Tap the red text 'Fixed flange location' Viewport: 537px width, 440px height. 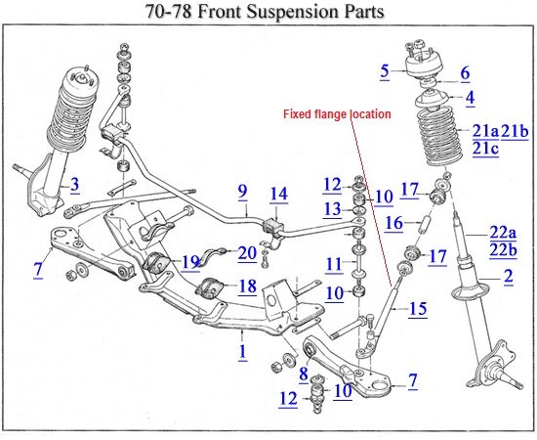pyautogui.click(x=337, y=114)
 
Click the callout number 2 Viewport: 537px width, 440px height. pyautogui.click(x=470, y=97)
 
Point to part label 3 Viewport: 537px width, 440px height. pyautogui.click(x=385, y=70)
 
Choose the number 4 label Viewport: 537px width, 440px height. pyautogui.click(x=465, y=72)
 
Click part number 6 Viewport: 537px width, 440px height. pyautogui.click(x=465, y=72)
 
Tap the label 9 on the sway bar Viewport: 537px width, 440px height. pyautogui.click(x=242, y=193)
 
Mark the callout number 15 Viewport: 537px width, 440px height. pyautogui.click(x=417, y=309)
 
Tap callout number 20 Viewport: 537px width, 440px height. pyautogui.click(x=246, y=252)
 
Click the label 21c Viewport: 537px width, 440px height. pyautogui.click(x=486, y=149)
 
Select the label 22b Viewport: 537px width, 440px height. pyautogui.click(x=502, y=249)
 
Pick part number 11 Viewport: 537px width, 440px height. pyautogui.click(x=333, y=264)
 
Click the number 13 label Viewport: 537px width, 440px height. pyautogui.click(x=333, y=209)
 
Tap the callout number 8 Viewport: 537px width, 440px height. pyautogui.click(x=304, y=374)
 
